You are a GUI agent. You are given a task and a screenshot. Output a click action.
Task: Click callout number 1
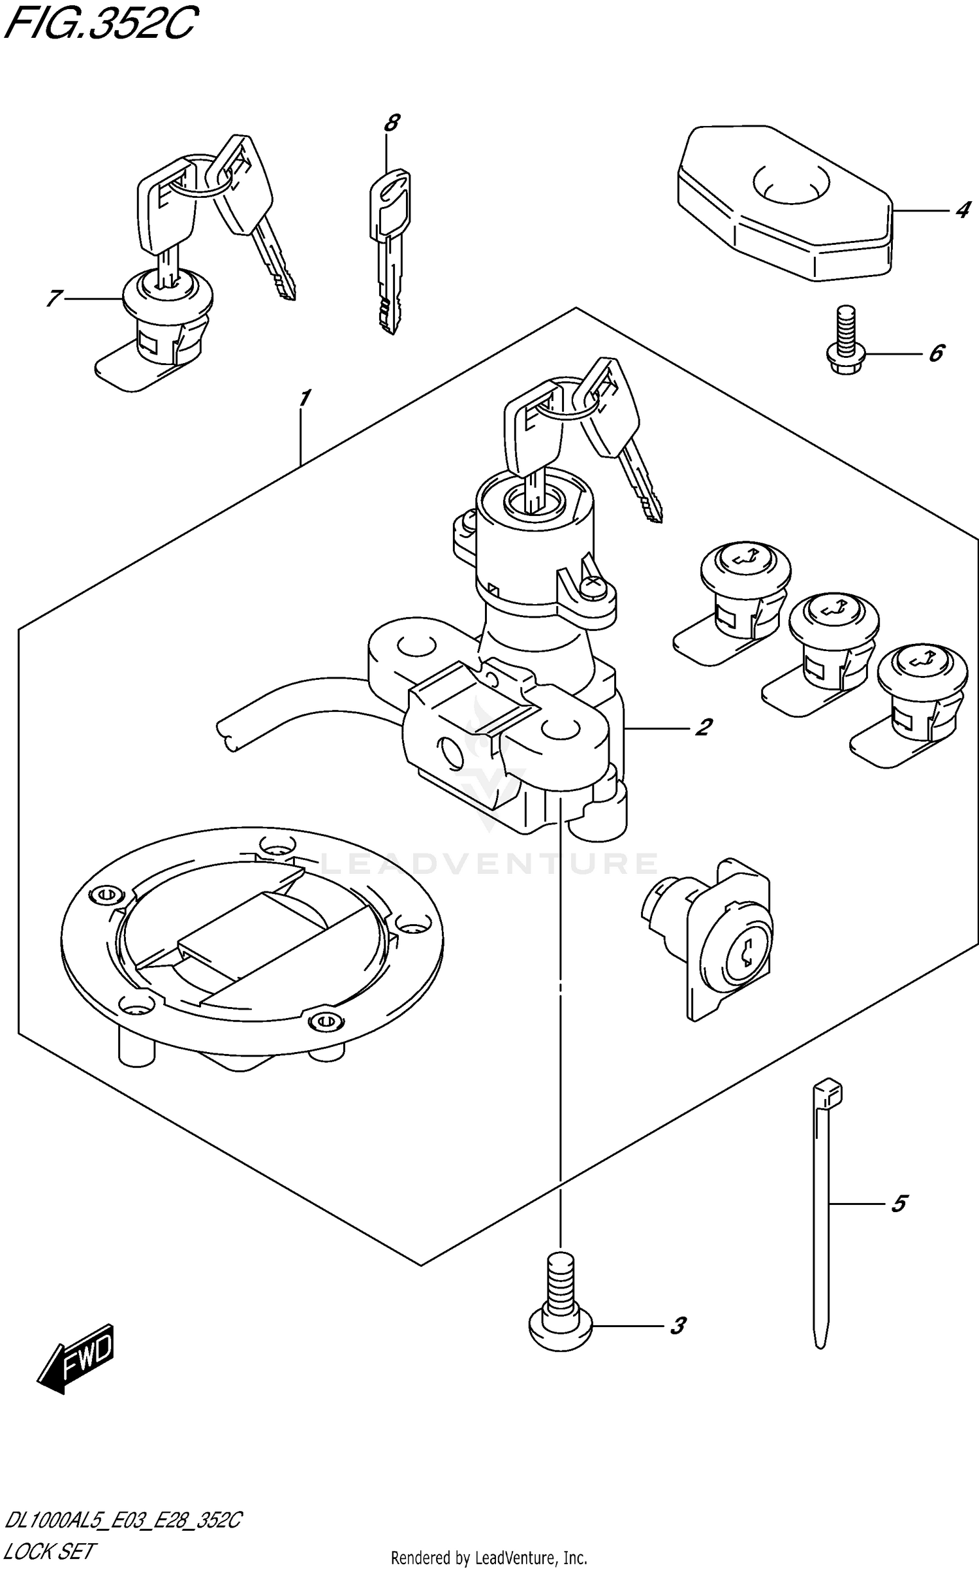coord(304,398)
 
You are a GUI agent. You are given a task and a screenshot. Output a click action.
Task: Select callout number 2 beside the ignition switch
coord(703,727)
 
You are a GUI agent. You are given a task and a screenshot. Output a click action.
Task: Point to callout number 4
coord(961,210)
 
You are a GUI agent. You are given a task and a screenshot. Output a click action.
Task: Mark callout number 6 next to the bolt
coord(935,353)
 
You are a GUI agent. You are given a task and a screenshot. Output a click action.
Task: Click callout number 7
coord(54,298)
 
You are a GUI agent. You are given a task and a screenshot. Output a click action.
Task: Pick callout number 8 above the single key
coord(392,123)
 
